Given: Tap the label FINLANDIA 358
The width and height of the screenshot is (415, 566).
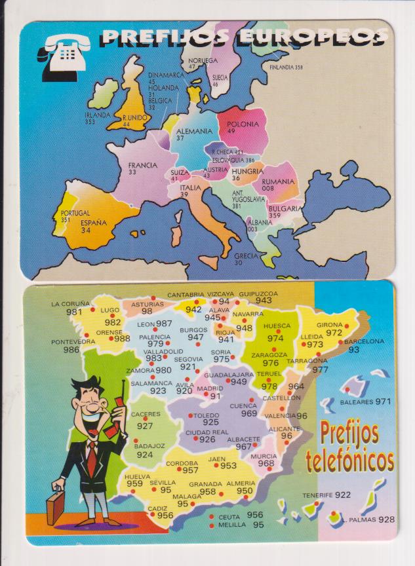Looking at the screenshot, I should click(x=285, y=67).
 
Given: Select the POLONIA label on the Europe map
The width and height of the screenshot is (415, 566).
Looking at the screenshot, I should click(x=241, y=123).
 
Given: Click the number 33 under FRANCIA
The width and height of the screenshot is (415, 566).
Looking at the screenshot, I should click(x=132, y=172).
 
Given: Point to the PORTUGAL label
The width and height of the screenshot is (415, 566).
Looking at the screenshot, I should click(x=75, y=213).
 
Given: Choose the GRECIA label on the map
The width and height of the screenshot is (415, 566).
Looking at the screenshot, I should click(x=247, y=255).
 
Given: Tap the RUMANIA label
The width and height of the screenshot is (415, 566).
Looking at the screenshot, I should click(x=278, y=181).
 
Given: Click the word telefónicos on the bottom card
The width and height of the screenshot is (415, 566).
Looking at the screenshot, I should click(x=350, y=461).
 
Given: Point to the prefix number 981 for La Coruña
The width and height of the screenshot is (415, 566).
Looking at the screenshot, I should click(x=74, y=312).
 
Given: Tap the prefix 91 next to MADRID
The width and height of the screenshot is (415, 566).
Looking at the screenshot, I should click(x=215, y=396).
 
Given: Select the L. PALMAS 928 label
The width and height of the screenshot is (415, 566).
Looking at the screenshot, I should click(x=368, y=519).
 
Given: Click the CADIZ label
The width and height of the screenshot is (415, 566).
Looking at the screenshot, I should click(x=157, y=508).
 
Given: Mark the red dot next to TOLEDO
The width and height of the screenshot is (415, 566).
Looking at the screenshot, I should click(x=191, y=415).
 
